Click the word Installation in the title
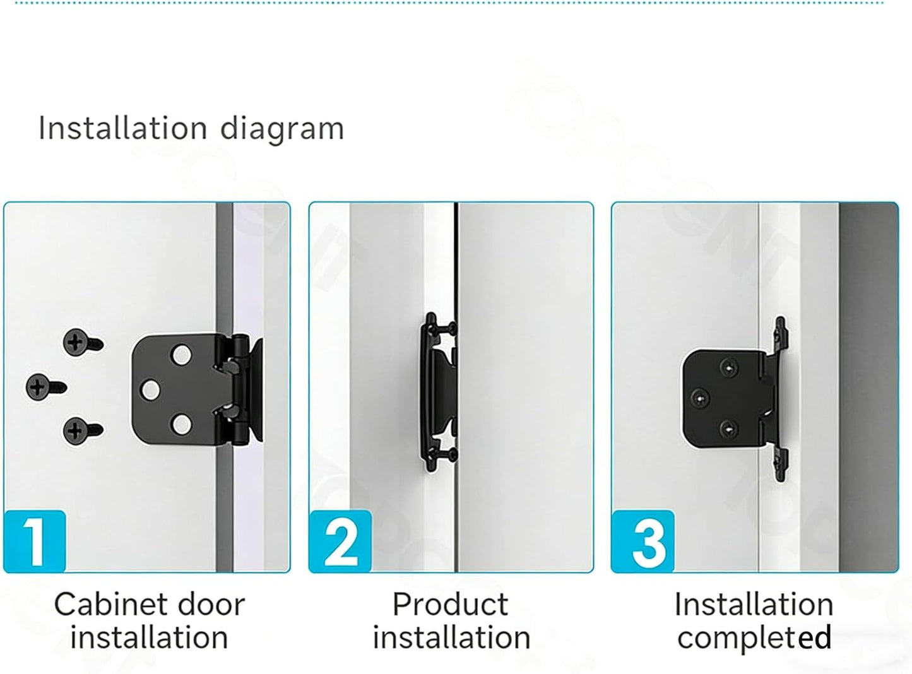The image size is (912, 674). pyautogui.click(x=122, y=128)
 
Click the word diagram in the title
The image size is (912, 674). pyautogui.click(x=282, y=129)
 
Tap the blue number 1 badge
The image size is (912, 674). pyautogui.click(x=35, y=541)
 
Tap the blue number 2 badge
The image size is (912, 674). pyautogui.click(x=340, y=541)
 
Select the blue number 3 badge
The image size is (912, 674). pyautogui.click(x=643, y=541)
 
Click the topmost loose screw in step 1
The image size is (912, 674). pyautogui.click(x=83, y=342)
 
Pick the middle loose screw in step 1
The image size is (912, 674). pyautogui.click(x=45, y=387)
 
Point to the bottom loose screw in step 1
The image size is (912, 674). pyautogui.click(x=83, y=431)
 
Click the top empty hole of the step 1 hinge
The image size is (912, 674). pyautogui.click(x=181, y=355)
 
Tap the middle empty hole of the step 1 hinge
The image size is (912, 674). pyautogui.click(x=150, y=390)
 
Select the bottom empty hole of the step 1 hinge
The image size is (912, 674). pyautogui.click(x=181, y=425)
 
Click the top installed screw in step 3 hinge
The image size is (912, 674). pyautogui.click(x=728, y=367)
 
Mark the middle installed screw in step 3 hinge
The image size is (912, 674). pyautogui.click(x=699, y=398)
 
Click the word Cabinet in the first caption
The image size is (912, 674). pyautogui.click(x=105, y=605)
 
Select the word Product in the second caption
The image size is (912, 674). pyautogui.click(x=451, y=605)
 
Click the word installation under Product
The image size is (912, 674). pyautogui.click(x=451, y=638)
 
